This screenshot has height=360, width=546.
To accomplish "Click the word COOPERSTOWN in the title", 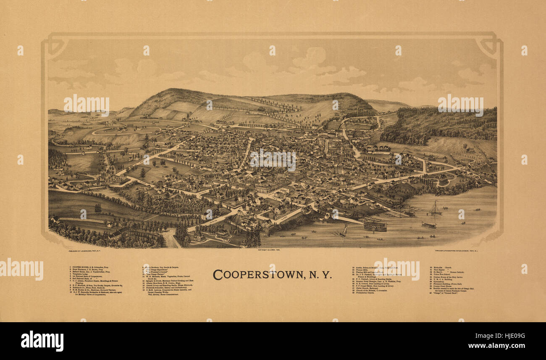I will [257, 274].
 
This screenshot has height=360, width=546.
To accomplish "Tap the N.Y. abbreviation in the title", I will [321, 275].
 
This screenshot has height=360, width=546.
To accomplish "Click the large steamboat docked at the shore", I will [374, 225].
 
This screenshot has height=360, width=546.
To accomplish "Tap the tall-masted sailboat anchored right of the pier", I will [435, 209].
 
